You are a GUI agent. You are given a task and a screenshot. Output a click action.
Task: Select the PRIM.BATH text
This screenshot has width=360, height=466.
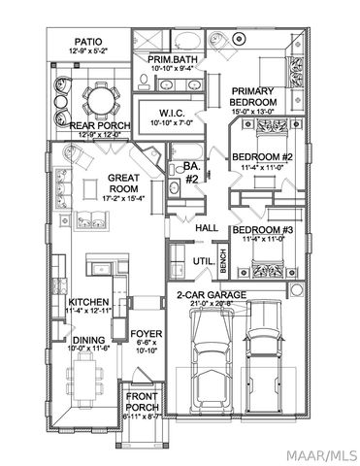pyautogui.click(x=174, y=61)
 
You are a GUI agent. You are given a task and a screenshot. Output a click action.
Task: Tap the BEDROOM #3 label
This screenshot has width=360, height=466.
pyautogui.click(x=261, y=230)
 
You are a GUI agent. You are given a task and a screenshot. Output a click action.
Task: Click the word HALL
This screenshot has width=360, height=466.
pyautogui.click(x=207, y=227)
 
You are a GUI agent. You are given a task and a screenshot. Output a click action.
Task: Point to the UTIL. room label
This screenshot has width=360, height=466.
pyautogui.click(x=204, y=262)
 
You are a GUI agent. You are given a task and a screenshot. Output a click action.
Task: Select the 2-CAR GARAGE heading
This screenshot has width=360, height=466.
pyautogui.click(x=212, y=294)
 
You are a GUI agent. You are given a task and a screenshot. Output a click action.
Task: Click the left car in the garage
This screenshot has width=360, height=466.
pyautogui.click(x=208, y=360)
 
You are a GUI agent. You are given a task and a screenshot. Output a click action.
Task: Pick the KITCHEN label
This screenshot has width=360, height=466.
pyautogui.click(x=89, y=302)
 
